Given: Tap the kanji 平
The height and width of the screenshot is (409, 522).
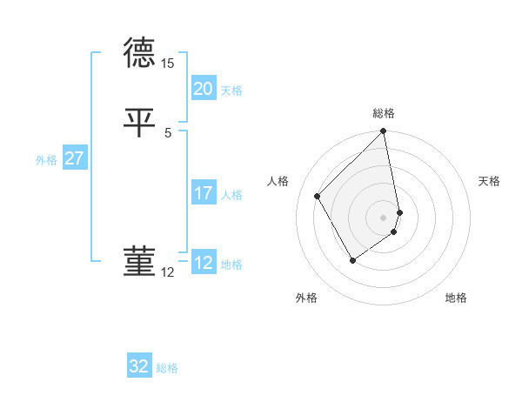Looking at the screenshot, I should (139, 120).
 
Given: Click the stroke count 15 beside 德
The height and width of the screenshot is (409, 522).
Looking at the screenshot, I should (168, 64).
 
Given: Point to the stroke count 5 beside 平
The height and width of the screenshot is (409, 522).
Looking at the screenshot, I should (168, 132).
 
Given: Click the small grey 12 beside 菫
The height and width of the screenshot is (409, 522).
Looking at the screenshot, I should (168, 272).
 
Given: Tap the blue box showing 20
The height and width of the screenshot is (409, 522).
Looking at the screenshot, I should (204, 88).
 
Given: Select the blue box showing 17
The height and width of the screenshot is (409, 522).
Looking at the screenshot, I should (204, 192).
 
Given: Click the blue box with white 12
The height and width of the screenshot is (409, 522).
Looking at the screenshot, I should (204, 262).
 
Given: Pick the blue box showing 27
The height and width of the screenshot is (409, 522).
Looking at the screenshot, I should (74, 158).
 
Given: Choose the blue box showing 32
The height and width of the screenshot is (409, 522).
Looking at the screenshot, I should (139, 366).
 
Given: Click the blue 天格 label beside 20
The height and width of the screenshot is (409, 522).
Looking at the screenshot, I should (231, 91).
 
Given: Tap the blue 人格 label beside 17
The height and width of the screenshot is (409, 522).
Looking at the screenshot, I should (231, 195).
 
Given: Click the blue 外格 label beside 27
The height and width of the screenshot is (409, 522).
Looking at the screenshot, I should (46, 160).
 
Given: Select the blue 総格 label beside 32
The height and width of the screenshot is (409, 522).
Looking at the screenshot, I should (167, 368).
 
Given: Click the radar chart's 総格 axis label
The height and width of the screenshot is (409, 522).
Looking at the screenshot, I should (384, 113).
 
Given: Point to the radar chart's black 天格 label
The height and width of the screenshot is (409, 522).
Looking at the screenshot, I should (490, 181).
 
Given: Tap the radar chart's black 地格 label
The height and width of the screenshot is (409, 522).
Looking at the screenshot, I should (456, 298).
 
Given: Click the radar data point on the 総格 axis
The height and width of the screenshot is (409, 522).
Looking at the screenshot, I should (384, 132).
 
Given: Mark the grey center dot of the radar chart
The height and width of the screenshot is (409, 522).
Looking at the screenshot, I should (384, 217).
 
